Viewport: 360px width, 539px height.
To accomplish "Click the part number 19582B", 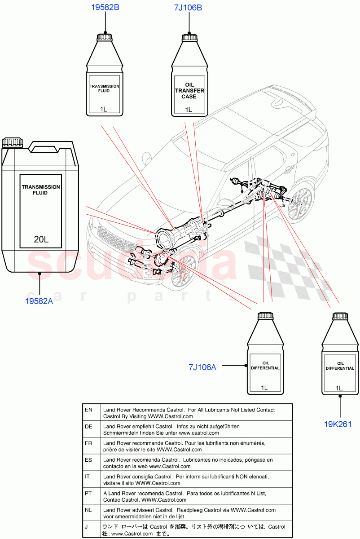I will point(105,8).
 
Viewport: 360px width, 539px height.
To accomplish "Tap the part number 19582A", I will point(39,301).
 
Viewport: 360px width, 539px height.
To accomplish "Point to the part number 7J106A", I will point(202,367).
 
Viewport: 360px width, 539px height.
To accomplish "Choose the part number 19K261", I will point(338,424).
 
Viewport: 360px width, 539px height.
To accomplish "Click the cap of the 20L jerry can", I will point(12,143).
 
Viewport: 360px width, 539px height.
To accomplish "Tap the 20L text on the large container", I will point(41,239).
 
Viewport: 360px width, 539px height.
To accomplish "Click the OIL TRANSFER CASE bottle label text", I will point(189,91).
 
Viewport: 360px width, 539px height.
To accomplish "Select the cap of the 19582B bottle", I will point(105,36).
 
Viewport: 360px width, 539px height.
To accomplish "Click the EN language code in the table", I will point(88,410).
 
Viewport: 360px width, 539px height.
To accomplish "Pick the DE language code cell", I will point(88,426).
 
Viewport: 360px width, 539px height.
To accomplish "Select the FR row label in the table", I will point(88,443).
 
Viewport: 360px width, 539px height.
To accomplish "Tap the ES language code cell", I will point(88,460).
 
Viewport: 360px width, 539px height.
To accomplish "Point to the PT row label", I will point(88,493).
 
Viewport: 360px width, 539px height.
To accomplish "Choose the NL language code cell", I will point(88,510).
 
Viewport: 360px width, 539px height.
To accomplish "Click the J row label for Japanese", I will point(87,527).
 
